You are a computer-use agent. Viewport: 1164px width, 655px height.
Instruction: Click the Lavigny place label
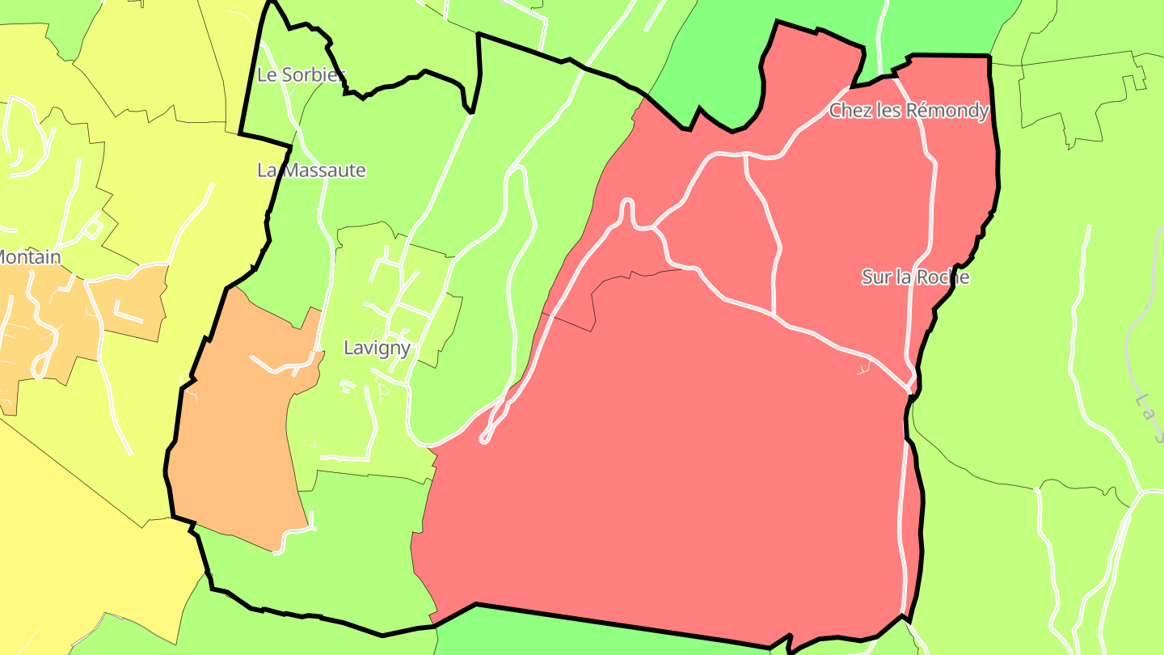tap(377, 349)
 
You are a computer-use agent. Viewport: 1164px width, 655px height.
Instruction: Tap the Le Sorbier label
tap(301, 75)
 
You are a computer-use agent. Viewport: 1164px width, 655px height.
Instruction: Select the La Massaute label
tap(311, 171)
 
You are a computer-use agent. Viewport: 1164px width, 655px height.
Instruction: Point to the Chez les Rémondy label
tap(909, 111)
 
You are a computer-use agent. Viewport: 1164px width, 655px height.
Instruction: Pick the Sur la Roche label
tap(915, 277)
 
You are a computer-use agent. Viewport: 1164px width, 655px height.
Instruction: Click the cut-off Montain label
tap(29, 258)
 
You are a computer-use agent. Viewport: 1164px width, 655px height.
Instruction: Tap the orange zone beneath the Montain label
tap(48, 323)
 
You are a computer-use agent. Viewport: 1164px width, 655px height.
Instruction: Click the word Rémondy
tap(947, 111)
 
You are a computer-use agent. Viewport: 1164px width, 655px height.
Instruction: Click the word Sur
tap(874, 277)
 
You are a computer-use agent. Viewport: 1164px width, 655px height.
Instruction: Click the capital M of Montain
tap(3, 258)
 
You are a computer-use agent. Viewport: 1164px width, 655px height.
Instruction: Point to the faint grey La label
tap(1146, 408)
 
